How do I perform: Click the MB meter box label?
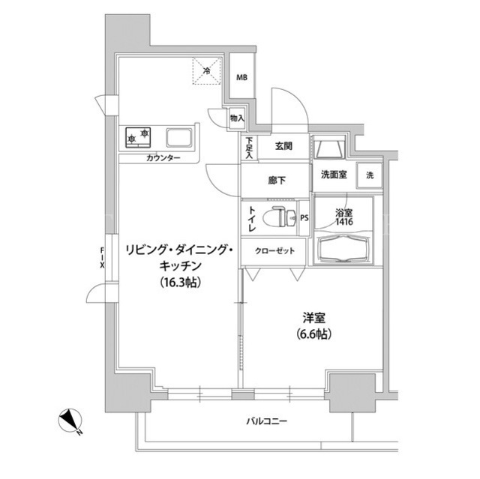pos(241,78)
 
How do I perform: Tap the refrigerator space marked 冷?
pos(207,71)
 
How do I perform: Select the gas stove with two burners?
pos(138,137)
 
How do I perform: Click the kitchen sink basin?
pos(179,137)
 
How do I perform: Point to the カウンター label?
pos(163,158)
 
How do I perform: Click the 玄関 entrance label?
pos(283,146)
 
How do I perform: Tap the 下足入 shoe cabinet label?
pos(250,148)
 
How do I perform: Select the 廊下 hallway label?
pos(277,181)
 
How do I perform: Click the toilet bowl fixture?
pos(280,217)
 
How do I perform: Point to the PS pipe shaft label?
pos(304,218)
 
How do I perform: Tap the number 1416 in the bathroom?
pos(344,221)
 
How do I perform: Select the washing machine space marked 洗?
pos(370,175)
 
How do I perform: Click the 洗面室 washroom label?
pos(334,175)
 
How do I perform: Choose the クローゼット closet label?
pos(274,251)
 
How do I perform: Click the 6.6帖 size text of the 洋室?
pos(313,334)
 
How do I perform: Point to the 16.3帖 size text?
pos(181,282)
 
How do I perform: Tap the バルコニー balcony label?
pos(267,421)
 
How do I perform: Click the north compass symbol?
pos(70,421)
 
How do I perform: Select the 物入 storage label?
pos(237,118)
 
